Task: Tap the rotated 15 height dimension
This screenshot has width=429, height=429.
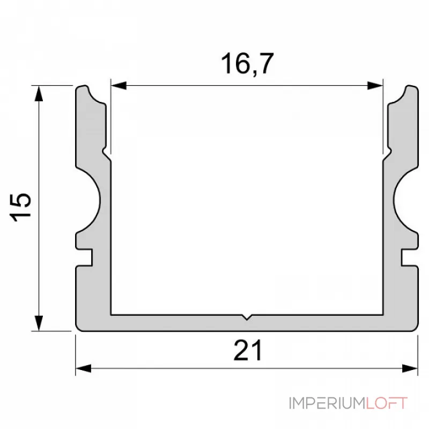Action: coord(23,208)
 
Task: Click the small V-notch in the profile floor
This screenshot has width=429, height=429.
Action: coord(246,317)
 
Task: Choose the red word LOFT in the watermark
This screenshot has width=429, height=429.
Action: coord(386,403)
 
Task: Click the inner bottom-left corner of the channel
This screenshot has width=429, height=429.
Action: coord(111,313)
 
